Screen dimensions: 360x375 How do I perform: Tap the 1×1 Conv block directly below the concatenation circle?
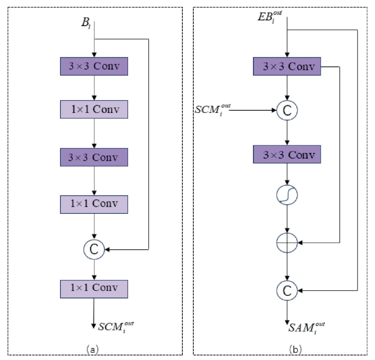pos(94,288)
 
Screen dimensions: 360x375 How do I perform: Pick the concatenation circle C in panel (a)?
pos(94,250)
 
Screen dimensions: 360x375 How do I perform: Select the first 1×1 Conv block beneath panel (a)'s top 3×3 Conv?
pos(94,111)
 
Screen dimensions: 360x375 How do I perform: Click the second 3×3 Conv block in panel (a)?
pos(94,157)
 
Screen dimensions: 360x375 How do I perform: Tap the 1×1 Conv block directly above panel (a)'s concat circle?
pos(94,204)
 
